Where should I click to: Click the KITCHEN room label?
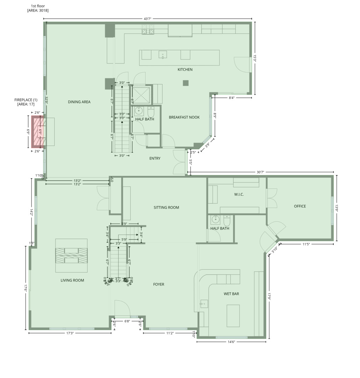(x=185, y=70)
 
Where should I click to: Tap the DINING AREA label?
(x=79, y=102)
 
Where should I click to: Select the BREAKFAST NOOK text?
(x=184, y=117)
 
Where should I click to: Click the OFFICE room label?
(x=300, y=206)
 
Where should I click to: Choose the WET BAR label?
(x=231, y=294)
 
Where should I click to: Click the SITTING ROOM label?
(x=166, y=208)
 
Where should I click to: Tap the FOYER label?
(x=159, y=285)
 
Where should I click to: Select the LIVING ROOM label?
(x=72, y=280)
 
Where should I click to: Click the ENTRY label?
(x=155, y=159)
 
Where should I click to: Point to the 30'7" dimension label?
(x=260, y=172)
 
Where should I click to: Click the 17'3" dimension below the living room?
(x=70, y=333)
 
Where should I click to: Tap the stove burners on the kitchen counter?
(x=148, y=30)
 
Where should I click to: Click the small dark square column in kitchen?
(x=186, y=83)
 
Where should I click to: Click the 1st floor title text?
(x=38, y=6)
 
